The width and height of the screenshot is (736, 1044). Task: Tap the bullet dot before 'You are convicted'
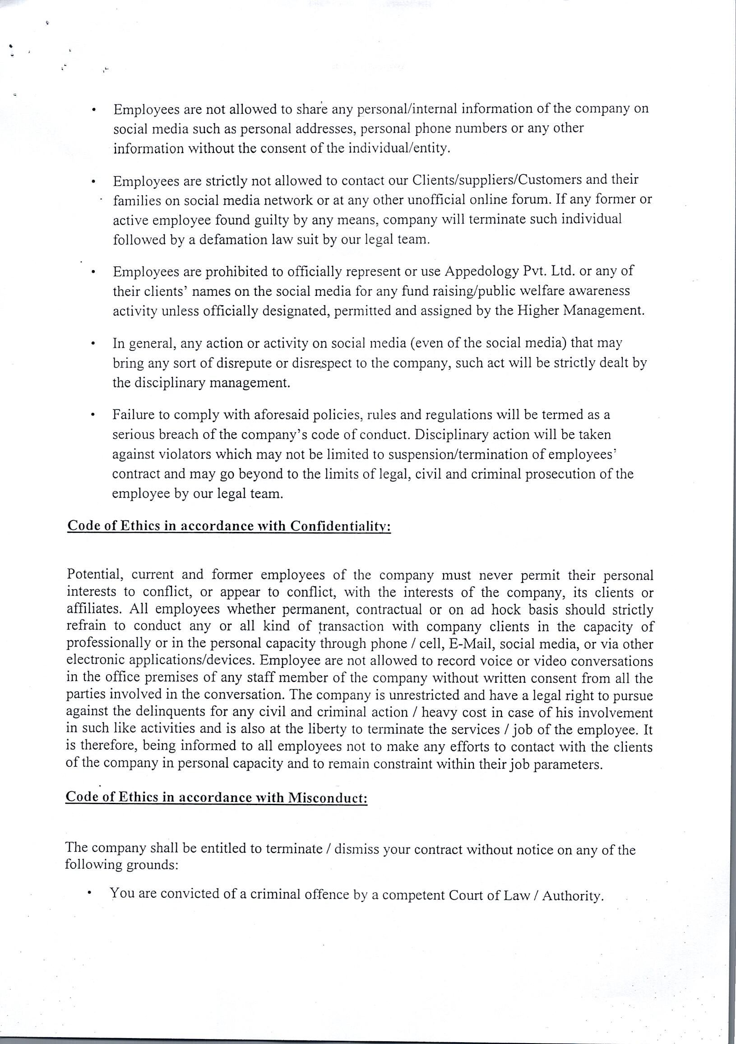91,895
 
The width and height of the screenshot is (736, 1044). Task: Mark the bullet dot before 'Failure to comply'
93,415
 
